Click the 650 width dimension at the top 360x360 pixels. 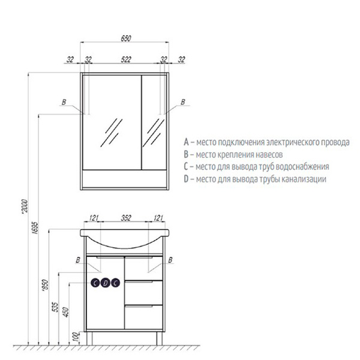click(125, 37)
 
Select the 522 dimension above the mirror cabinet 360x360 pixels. click(125, 60)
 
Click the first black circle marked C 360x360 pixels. click(96, 283)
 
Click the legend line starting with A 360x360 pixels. click(266, 143)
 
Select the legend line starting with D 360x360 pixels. click(255, 179)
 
